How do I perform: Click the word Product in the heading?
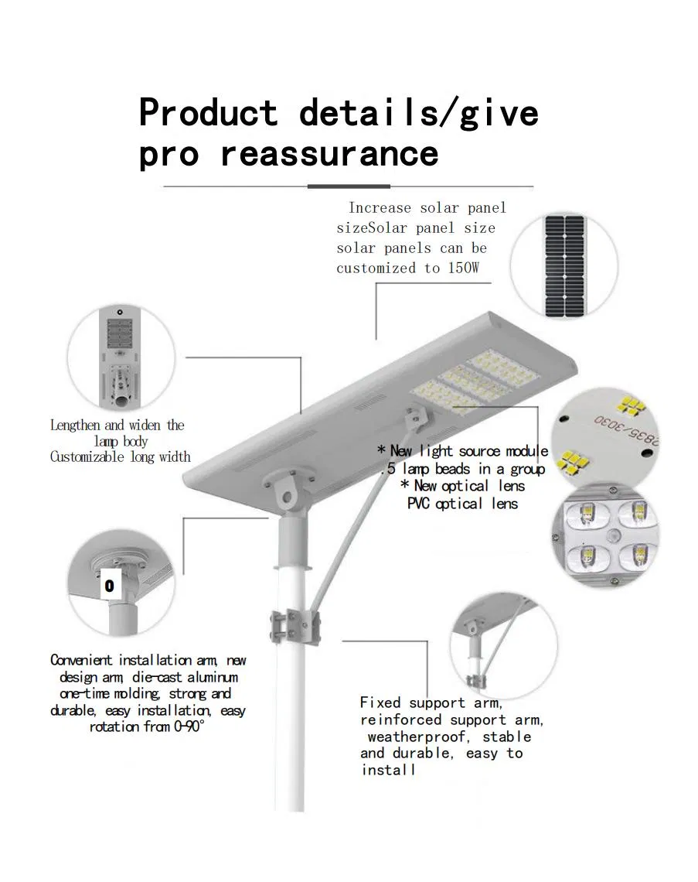(x=208, y=113)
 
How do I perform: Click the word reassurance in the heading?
(x=329, y=153)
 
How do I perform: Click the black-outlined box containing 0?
(x=109, y=586)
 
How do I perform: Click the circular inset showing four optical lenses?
(x=606, y=535)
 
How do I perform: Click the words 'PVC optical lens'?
(x=462, y=504)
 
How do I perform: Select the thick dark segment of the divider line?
(x=349, y=186)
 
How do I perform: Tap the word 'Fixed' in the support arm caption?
(x=380, y=703)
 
